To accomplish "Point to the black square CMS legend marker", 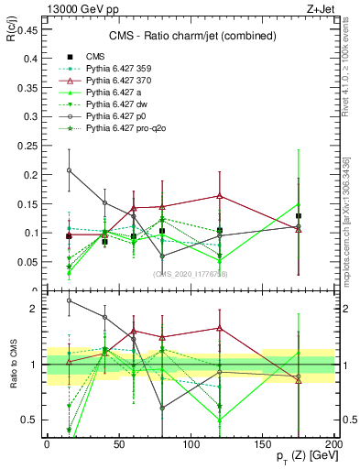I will click(69, 57).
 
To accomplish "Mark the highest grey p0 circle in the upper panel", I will click(70, 170).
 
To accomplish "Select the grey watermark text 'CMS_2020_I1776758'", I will click(191, 274).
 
